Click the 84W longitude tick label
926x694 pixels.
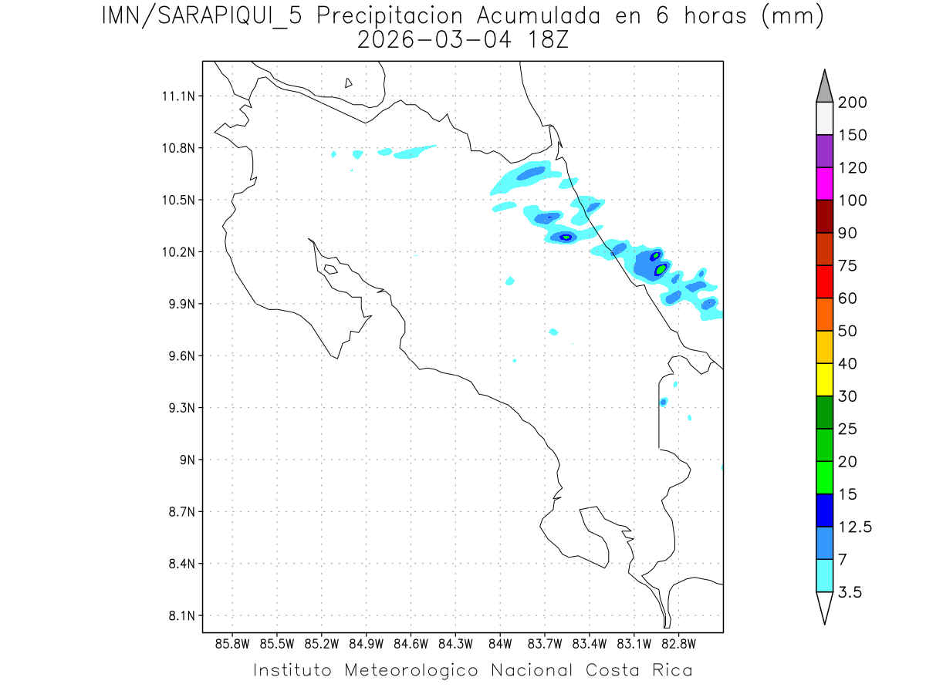500,643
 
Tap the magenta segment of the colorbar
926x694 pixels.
824,184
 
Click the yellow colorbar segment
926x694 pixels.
824,379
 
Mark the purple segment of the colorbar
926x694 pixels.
824,151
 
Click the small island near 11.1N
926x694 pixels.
349,83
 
